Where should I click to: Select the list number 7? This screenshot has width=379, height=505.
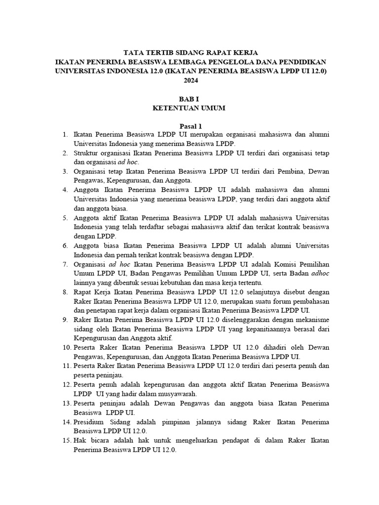[65, 264]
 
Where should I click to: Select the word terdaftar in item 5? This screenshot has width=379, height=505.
[156, 227]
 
